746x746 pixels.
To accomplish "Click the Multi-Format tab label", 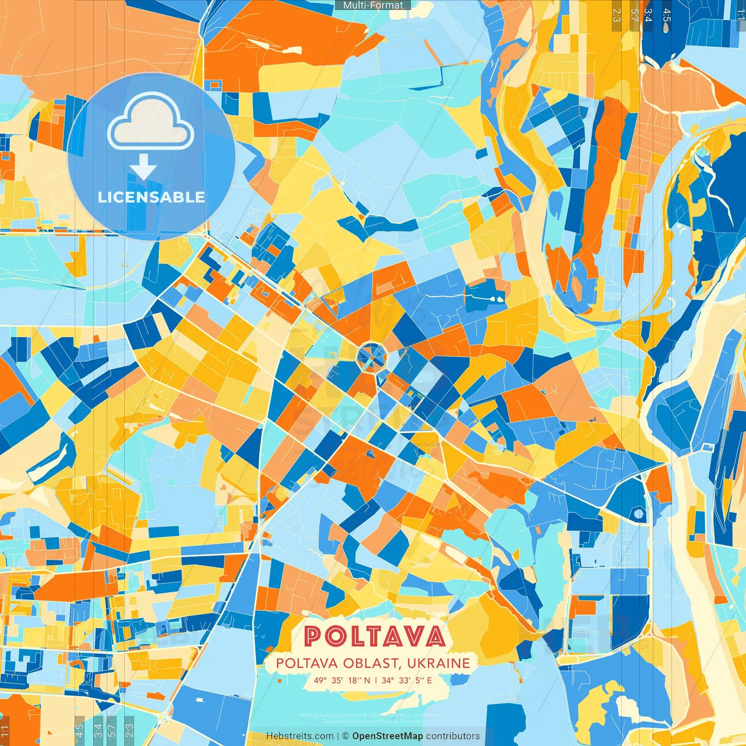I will point(373,5).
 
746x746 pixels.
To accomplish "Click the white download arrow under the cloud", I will point(143,168).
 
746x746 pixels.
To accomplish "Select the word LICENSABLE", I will point(151,197).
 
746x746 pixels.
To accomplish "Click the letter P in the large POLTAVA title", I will point(313,636).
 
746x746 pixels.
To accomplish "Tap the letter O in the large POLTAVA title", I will point(336,636).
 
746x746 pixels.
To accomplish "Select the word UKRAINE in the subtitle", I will point(438,663).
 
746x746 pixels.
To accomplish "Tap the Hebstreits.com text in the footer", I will point(300,736).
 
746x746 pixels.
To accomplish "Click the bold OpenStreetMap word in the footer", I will point(387,736).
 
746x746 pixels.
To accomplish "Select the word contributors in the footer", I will point(452,736).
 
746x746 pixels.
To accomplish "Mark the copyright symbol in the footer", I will point(346,736).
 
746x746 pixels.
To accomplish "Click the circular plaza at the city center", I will point(371,356).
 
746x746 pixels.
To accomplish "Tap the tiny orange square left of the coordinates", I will point(279,680).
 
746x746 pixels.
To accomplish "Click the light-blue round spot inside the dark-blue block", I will point(638,513).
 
